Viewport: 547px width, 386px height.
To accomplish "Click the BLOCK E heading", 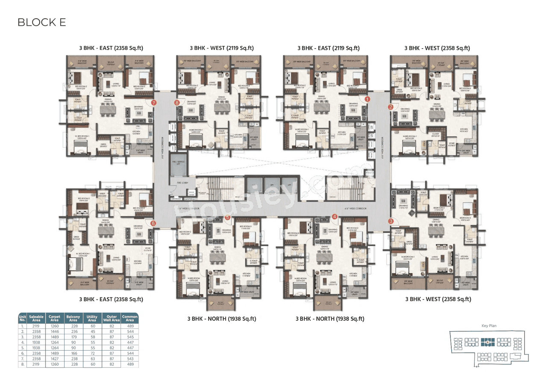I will click(41, 22).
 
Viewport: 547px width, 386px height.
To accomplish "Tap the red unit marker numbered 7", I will click(153, 102).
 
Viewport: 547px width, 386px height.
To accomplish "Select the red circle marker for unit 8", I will click(177, 102).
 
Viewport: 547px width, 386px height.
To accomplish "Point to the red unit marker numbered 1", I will click(367, 99).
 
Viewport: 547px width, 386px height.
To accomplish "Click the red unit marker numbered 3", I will click(391, 221).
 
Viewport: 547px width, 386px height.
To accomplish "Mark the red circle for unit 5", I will click(227, 217).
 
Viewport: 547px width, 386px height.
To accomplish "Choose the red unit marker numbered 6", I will click(153, 223).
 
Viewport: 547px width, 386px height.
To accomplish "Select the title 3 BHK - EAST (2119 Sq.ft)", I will click(328, 48).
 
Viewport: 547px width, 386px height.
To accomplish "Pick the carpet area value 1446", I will click(55, 331).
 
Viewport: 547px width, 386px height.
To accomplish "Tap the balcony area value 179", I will click(73, 337).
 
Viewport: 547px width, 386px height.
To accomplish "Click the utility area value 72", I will click(92, 353).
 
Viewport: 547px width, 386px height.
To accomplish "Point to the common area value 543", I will click(130, 359).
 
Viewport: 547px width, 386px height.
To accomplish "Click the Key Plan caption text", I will click(488, 325).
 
